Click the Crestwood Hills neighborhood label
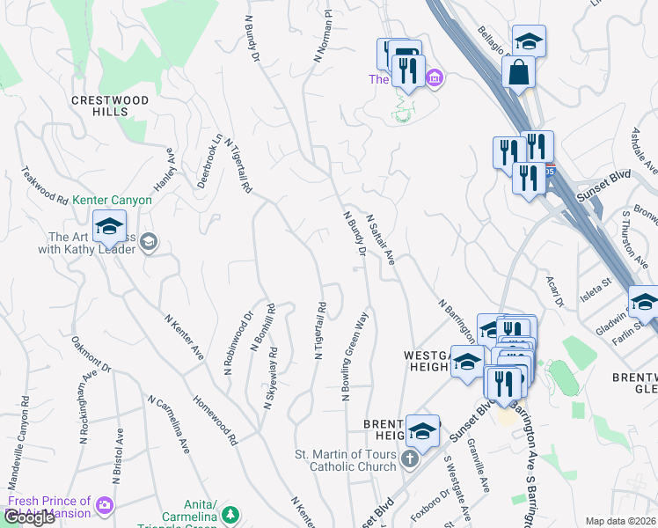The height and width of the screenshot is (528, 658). pyautogui.click(x=111, y=106)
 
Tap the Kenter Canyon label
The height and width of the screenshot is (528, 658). pyautogui.click(x=113, y=201)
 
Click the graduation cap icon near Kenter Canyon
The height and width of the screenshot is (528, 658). pyautogui.click(x=110, y=228)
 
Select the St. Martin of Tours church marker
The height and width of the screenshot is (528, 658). pyautogui.click(x=409, y=458)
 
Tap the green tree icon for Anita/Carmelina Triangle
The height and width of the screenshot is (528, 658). pyautogui.click(x=230, y=514)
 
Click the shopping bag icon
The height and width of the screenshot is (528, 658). pyautogui.click(x=519, y=72)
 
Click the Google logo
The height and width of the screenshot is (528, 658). pyautogui.click(x=29, y=517)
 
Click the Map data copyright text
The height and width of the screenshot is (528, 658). pyautogui.click(x=620, y=521)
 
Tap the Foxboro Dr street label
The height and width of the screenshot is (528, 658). pyautogui.click(x=432, y=503)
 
